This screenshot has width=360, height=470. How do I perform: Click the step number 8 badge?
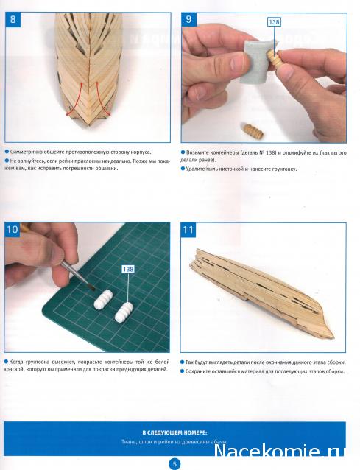(x=13, y=20)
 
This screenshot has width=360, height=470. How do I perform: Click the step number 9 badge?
(x=188, y=20)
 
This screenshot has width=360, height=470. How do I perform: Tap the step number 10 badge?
(x=13, y=230)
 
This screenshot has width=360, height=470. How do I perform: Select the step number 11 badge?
(x=188, y=230)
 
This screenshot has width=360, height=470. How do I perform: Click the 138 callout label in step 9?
(x=274, y=22)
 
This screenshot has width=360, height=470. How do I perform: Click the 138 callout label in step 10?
(x=128, y=269)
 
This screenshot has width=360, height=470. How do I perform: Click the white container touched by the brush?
(x=103, y=300)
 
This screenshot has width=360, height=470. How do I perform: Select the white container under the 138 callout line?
(x=124, y=312)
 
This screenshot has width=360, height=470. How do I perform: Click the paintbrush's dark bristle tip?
(x=91, y=287)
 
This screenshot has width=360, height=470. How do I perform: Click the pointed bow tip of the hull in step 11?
(x=333, y=337)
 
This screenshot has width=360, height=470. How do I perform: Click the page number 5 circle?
(x=175, y=464)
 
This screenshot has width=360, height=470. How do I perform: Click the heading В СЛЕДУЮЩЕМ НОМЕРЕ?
(x=174, y=433)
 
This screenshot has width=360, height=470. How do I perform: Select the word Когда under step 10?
(x=16, y=362)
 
